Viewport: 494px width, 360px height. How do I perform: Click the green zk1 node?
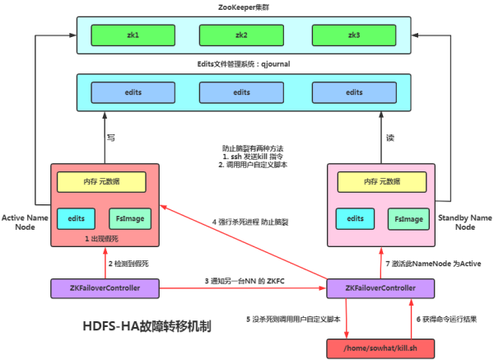pos(133,35)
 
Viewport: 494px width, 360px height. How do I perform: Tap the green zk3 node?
pos(354,35)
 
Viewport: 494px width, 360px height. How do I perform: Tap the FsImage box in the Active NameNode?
pos(130,219)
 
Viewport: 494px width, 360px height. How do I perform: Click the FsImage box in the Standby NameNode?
pos(408,219)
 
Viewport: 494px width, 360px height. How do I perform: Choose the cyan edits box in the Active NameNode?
pos(77,219)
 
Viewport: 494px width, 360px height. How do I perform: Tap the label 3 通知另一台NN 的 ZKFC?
pos(245,282)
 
